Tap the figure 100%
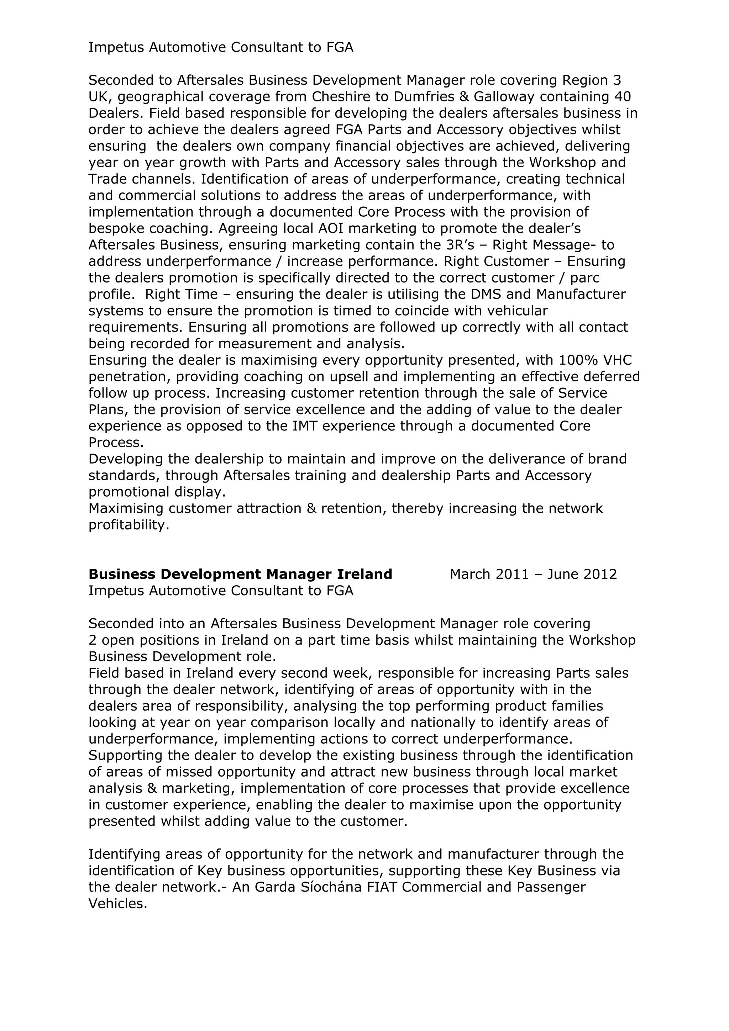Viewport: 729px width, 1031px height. pos(579,361)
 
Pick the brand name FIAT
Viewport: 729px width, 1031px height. pos(382,887)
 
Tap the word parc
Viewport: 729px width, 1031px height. pos(585,278)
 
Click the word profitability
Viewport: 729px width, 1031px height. pos(129,525)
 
